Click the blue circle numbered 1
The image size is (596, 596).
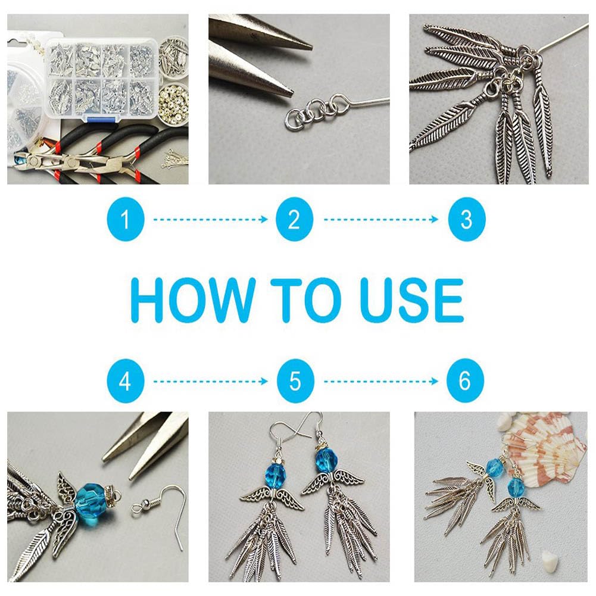tap(126, 219)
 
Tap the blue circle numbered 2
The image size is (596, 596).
tap(295, 219)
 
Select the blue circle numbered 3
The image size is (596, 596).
tap(467, 219)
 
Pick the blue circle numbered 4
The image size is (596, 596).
tap(126, 381)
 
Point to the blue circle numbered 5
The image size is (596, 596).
tap(295, 381)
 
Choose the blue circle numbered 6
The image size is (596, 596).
tap(465, 381)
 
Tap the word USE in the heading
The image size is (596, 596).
tap(412, 300)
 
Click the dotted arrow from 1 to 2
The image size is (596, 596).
tap(211, 219)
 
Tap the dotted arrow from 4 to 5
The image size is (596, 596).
tap(211, 381)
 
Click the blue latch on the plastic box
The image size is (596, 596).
tap(101, 120)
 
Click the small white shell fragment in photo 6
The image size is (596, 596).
tap(548, 558)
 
